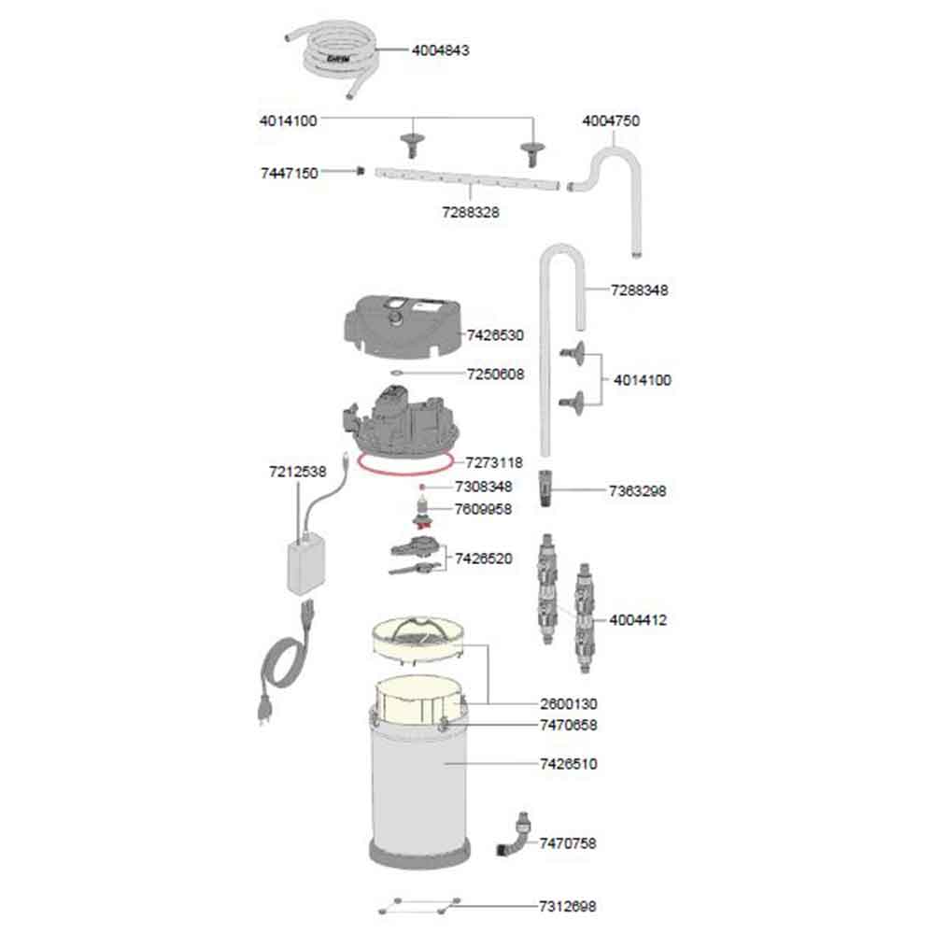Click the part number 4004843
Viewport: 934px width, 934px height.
440,50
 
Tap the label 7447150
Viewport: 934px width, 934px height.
289,174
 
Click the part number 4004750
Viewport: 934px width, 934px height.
611,120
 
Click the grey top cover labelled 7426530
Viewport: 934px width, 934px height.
403,326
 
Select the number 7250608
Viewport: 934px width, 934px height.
495,375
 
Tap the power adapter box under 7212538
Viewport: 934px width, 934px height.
305,565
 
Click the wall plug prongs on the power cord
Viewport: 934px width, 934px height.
262,714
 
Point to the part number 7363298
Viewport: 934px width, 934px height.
637,491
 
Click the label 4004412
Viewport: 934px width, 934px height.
637,620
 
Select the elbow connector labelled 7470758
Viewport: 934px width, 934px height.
514,834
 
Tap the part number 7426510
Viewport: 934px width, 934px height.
568,764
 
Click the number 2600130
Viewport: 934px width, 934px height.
568,704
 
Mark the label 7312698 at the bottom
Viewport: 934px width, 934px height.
567,906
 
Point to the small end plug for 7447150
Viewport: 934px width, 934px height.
360,171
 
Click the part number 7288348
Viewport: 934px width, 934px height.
639,290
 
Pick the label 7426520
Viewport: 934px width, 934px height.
483,559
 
